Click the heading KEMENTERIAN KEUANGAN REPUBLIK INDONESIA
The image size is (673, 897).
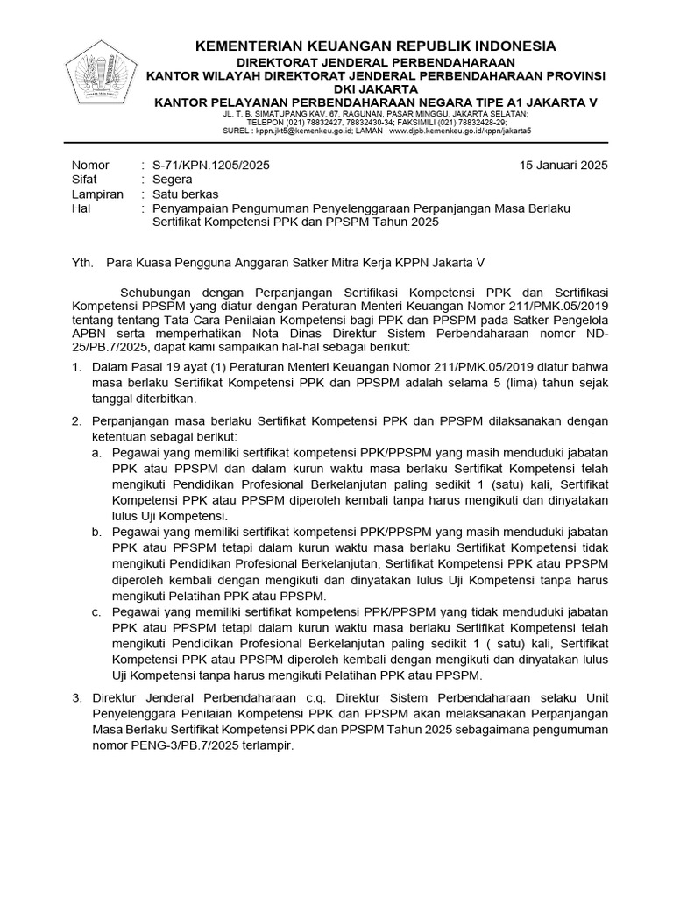pyautogui.click(x=375, y=46)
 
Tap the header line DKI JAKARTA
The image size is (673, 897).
pyautogui.click(x=375, y=88)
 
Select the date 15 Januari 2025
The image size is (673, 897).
pyautogui.click(x=563, y=166)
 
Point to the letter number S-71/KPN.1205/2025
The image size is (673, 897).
pyautogui.click(x=211, y=166)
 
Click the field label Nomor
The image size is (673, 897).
pyautogui.click(x=90, y=166)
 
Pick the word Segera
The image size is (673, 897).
pyautogui.click(x=174, y=180)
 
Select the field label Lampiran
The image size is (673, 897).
pyautogui.click(x=97, y=194)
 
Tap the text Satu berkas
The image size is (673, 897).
pyautogui.click(x=186, y=194)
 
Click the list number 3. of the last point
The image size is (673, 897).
pyautogui.click(x=76, y=698)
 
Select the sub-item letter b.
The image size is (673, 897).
pyautogui.click(x=96, y=532)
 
